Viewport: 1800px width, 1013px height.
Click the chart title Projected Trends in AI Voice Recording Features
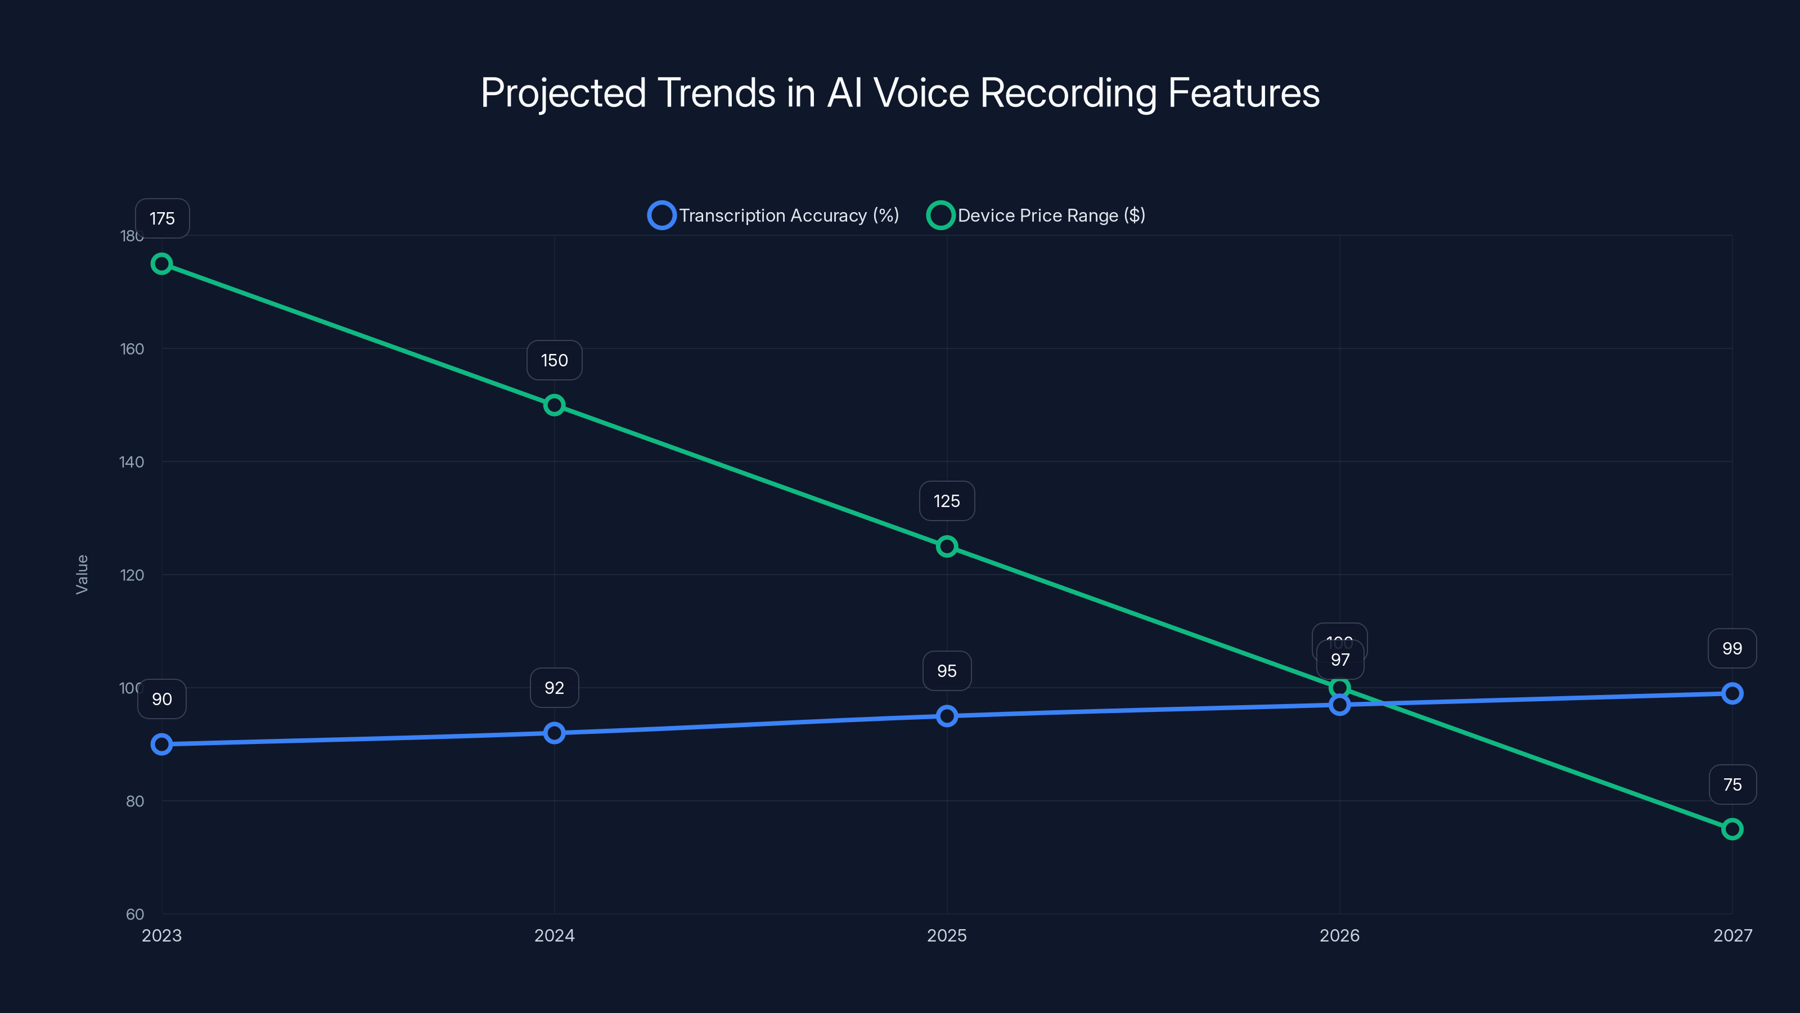coord(900,93)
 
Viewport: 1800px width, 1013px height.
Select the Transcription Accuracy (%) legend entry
coord(774,216)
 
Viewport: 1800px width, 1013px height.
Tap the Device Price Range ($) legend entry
coord(1036,216)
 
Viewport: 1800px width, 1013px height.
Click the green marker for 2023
coord(162,263)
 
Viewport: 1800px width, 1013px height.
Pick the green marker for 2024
coord(554,405)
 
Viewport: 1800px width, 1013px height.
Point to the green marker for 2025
coord(947,546)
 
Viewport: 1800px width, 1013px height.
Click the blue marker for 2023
coord(162,744)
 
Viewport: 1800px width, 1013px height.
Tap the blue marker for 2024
coord(554,733)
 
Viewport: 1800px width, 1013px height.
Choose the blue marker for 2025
coord(947,716)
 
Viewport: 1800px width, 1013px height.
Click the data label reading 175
coord(162,219)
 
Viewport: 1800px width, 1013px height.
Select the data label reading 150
coord(554,360)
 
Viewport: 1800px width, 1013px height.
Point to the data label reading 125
coord(947,501)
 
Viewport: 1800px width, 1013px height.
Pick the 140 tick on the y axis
coord(132,462)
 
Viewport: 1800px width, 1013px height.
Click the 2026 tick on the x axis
coord(1339,935)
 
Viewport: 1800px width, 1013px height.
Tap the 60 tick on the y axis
coord(135,915)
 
